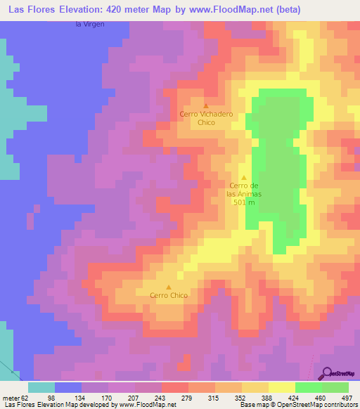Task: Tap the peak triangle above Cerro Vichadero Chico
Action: [x=206, y=105]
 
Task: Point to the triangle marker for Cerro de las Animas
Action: [x=244, y=177]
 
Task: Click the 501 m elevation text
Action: [x=244, y=202]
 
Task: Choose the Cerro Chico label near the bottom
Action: [x=169, y=296]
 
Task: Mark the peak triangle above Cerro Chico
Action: [x=169, y=287]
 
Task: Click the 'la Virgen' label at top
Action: [x=89, y=25]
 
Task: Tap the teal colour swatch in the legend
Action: [x=41, y=387]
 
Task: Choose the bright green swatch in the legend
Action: [x=309, y=387]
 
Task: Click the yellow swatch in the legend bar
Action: [x=282, y=387]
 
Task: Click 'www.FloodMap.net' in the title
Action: [x=219, y=10]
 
